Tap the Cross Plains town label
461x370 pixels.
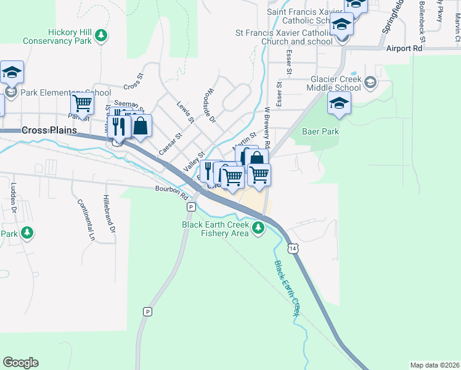49,131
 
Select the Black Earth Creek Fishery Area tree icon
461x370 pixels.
258,229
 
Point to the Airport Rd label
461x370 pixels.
404,47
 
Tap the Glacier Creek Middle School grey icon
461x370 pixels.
370,83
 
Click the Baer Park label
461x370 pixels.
320,131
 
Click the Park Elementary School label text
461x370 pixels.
57,93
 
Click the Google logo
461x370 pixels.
20,363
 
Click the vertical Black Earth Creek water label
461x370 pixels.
287,289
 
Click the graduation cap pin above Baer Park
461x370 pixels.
339,104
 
